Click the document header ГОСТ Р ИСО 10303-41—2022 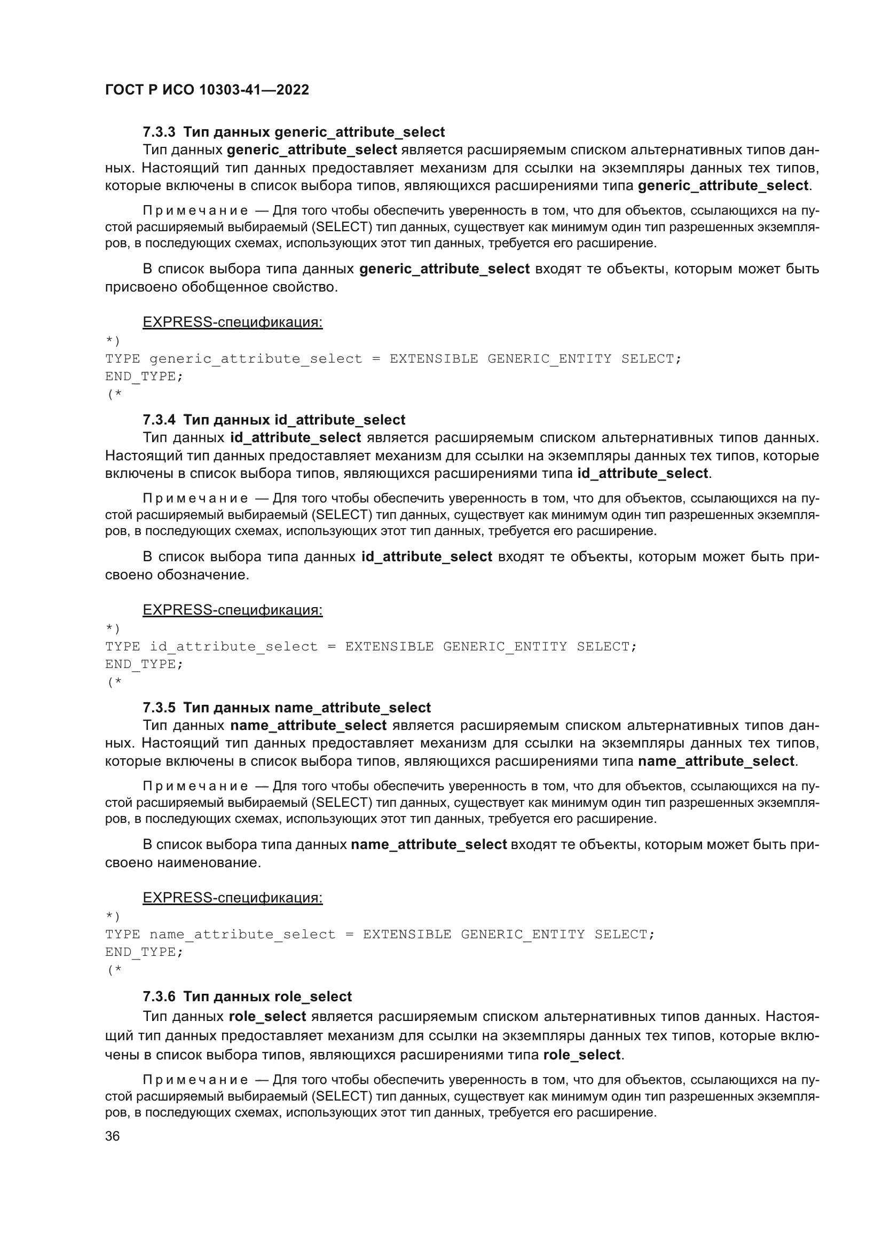point(207,90)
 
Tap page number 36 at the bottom point(112,1136)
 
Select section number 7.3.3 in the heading point(159,132)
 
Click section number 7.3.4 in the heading point(159,420)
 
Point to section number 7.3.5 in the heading point(159,708)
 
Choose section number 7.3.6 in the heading point(159,996)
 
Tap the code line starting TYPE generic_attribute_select point(392,359)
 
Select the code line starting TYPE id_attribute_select point(370,647)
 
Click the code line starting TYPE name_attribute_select point(380,934)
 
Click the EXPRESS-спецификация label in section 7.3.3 point(232,323)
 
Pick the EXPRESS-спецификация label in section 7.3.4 point(232,610)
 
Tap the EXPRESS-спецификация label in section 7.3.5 point(232,898)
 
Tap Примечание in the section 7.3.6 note point(195,1080)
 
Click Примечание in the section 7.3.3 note point(195,210)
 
